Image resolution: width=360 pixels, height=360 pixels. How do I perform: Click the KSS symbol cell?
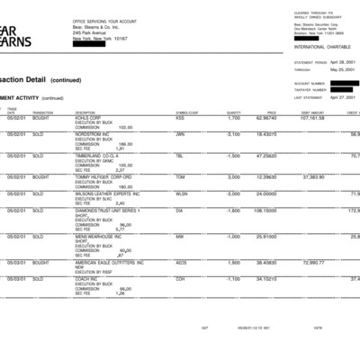point(180,118)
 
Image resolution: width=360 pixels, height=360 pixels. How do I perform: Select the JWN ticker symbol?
point(181,133)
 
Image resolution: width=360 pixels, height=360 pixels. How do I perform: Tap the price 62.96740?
point(265,118)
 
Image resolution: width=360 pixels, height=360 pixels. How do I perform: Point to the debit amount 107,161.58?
point(311,118)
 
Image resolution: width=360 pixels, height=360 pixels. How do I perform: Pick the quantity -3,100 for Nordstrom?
point(233,133)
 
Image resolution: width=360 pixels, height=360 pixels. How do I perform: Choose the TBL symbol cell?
point(180,156)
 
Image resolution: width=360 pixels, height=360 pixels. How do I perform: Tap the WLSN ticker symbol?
point(182,193)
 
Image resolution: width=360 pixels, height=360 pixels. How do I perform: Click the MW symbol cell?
point(180,236)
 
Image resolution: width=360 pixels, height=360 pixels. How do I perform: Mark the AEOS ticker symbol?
point(182,262)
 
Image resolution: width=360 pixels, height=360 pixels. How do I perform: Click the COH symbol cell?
point(181,278)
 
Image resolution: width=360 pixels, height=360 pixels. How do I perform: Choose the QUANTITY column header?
point(234,112)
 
